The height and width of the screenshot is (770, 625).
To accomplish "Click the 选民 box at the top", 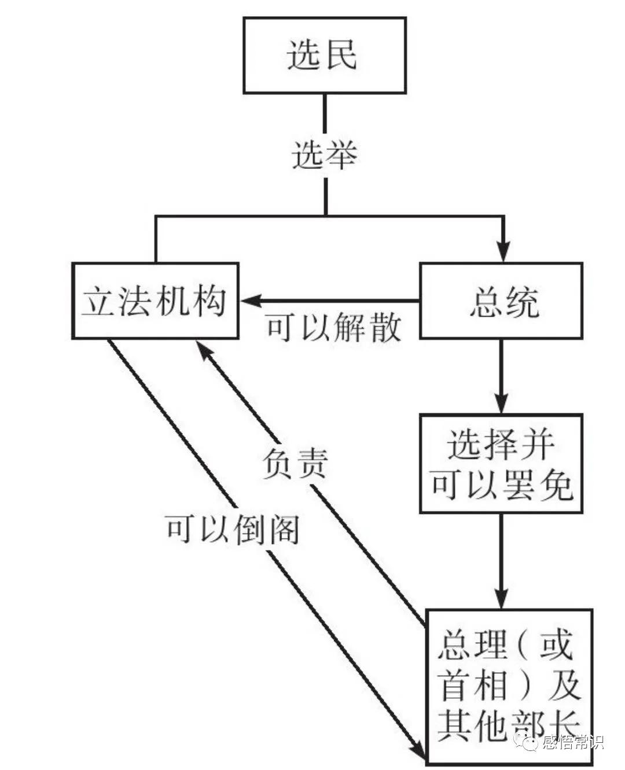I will point(324,55).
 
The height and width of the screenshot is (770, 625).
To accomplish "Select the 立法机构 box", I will point(155,301).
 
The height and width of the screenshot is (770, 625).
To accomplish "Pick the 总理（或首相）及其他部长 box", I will point(509,686).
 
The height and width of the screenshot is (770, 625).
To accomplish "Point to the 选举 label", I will point(324,155).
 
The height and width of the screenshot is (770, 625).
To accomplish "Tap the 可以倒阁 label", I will point(232,528).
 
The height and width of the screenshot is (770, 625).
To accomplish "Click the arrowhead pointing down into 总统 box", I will point(503,252).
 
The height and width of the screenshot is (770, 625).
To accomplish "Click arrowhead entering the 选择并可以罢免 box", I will point(501,403).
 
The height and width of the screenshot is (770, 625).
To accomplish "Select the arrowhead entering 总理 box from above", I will point(501,598).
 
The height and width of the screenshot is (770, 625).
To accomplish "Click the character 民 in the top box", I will point(341,55).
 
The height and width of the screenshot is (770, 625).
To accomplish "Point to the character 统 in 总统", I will point(521,302).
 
